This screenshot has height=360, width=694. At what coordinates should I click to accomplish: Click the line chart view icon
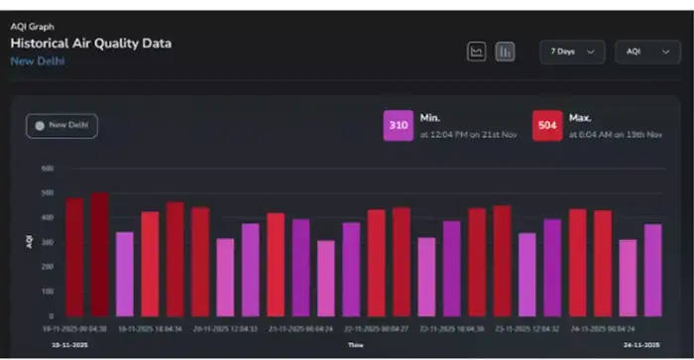[477, 52]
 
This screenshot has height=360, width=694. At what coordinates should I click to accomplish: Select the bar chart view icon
[505, 52]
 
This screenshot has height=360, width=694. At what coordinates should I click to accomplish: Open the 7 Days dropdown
[572, 52]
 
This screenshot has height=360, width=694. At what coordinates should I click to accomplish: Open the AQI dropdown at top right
[646, 52]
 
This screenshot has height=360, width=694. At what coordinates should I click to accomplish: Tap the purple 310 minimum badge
[399, 126]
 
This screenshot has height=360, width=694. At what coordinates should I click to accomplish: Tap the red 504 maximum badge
[547, 126]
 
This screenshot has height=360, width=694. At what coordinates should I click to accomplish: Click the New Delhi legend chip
[61, 126]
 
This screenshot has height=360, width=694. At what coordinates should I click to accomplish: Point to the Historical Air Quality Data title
[91, 44]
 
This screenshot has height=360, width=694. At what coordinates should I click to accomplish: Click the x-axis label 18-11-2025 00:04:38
[75, 326]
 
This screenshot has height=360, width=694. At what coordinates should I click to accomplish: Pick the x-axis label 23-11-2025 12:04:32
[529, 326]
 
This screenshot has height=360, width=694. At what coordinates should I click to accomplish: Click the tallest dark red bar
[99, 254]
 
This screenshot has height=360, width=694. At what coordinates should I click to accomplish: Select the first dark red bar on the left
[74, 256]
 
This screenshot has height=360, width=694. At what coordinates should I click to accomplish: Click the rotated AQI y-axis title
[30, 242]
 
